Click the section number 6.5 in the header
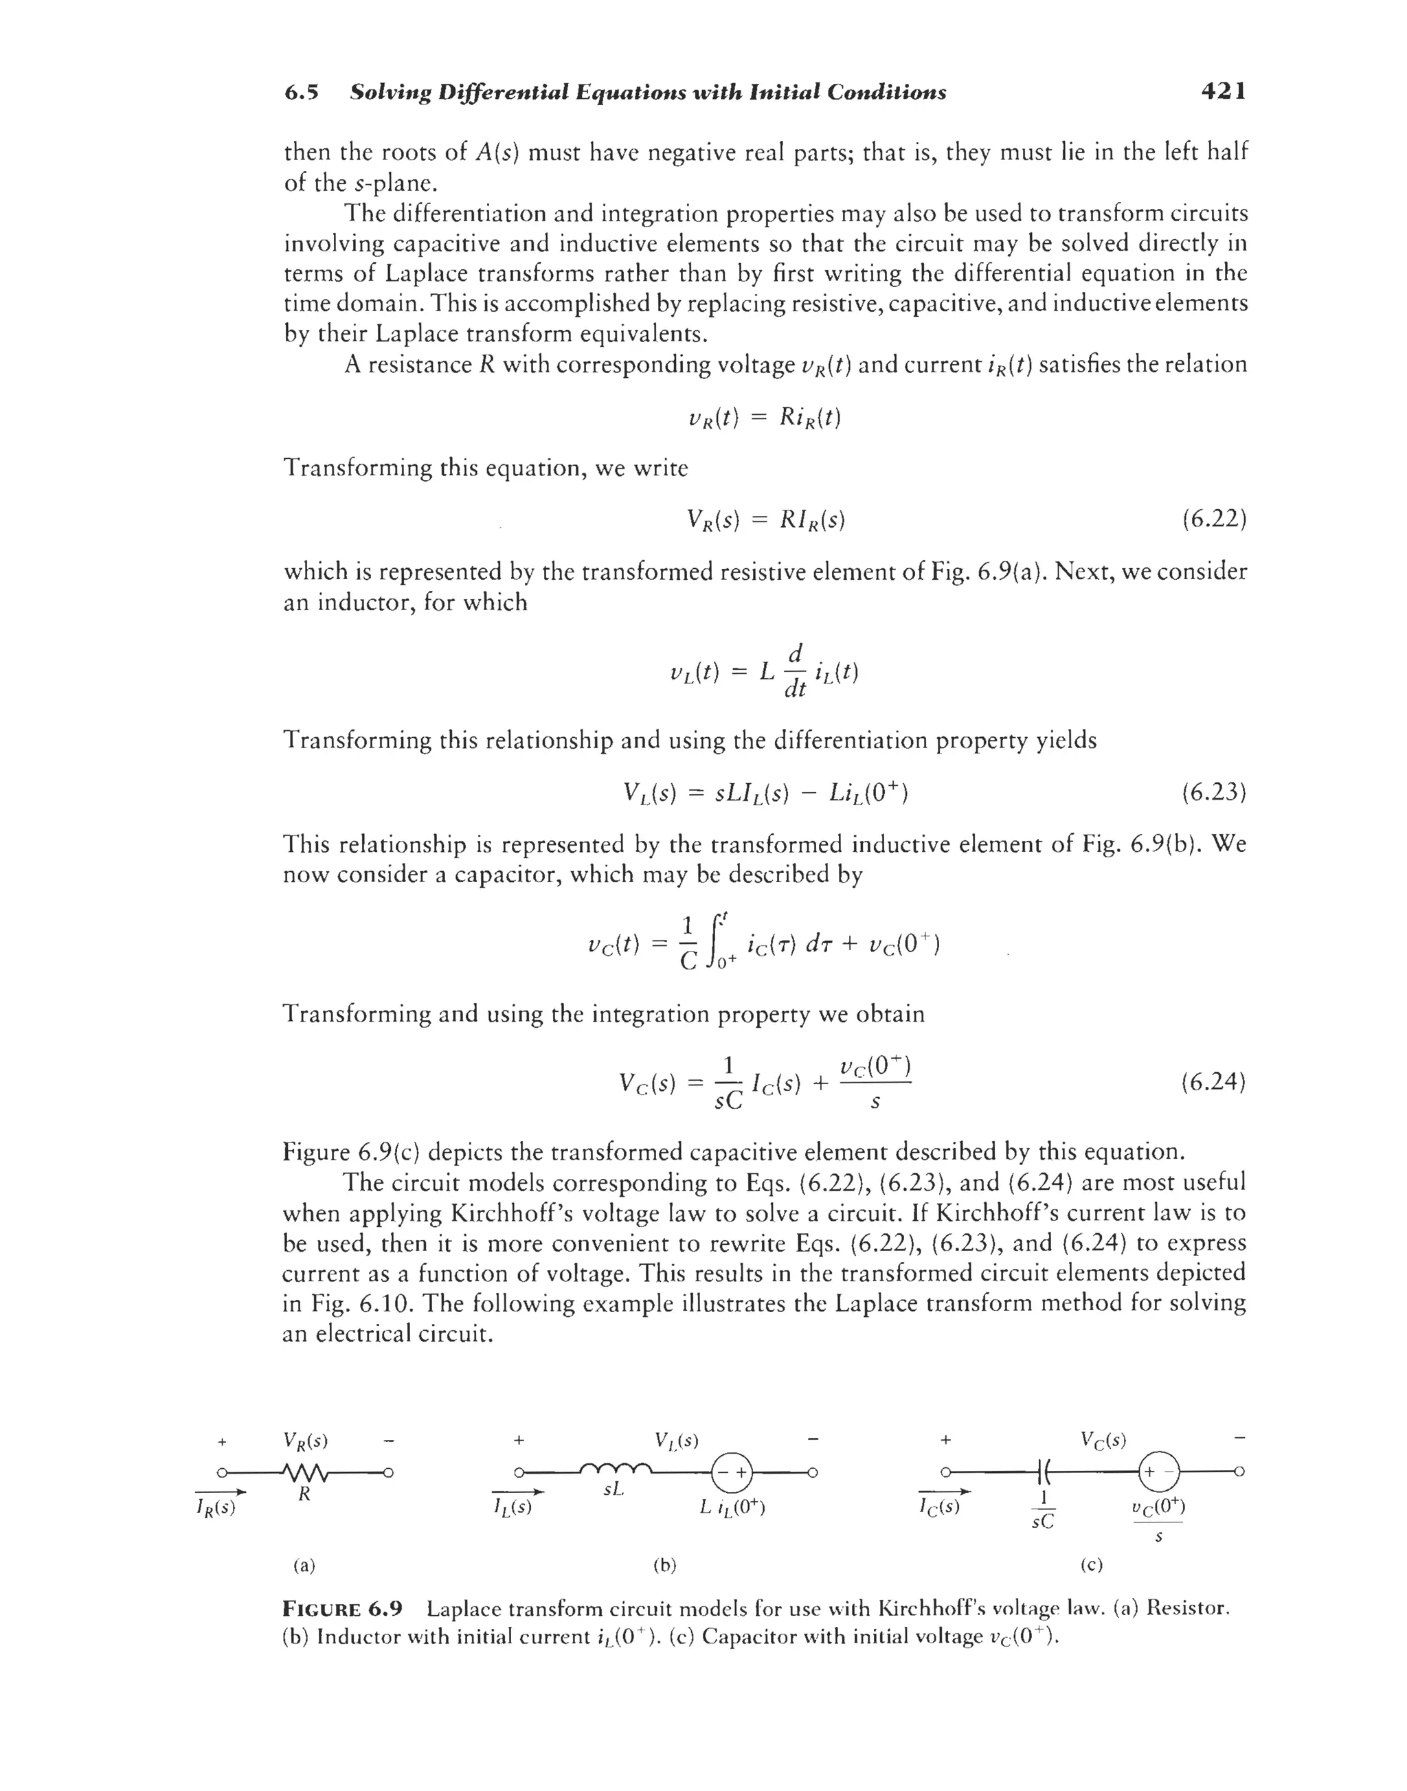tap(302, 92)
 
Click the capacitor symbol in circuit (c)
tap(1042, 1471)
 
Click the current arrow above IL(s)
tap(517, 1492)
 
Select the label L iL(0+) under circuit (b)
tap(732, 1509)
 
